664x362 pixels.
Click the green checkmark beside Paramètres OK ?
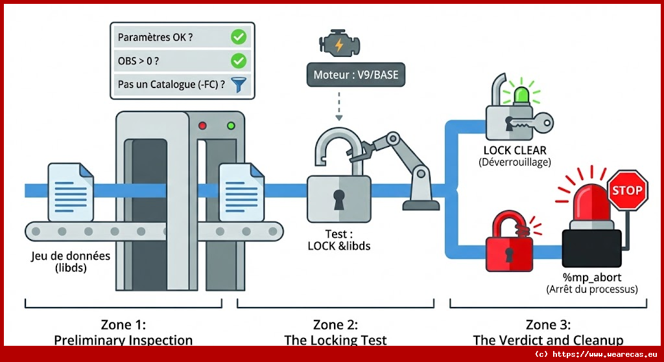coord(239,38)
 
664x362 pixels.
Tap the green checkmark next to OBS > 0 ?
coord(239,61)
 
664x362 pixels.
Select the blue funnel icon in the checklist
coord(239,84)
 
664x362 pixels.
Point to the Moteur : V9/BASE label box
coord(355,75)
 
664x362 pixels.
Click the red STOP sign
coord(627,190)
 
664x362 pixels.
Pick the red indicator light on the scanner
coord(202,125)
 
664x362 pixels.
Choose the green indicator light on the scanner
coord(230,125)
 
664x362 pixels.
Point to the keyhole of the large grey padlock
coord(338,199)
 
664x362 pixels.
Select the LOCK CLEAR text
coord(515,150)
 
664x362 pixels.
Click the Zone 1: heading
coord(123,324)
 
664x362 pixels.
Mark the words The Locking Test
coord(335,340)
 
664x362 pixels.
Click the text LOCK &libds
coord(338,245)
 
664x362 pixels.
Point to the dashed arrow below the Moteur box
coord(338,106)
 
